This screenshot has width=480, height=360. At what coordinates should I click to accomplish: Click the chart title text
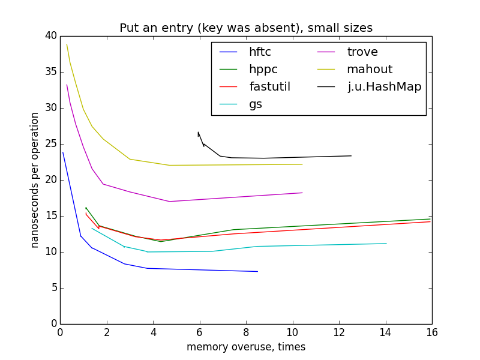tap(246, 28)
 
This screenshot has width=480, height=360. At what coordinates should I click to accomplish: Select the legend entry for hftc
tap(260, 52)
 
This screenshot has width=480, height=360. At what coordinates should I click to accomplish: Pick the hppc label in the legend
tap(263, 69)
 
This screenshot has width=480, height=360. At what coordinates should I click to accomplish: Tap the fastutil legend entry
tap(269, 86)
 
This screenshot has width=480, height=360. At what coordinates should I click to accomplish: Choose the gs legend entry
tap(256, 104)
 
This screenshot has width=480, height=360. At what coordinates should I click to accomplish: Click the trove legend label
tap(362, 52)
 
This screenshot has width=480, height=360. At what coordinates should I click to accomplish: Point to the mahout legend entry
tap(369, 69)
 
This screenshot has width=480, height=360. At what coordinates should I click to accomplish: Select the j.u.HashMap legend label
tap(385, 86)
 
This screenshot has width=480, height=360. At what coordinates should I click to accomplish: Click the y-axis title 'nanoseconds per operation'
tap(35, 180)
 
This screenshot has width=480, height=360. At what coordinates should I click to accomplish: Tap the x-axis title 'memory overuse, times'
tap(246, 347)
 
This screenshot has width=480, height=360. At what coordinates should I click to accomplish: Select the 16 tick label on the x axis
tap(432, 331)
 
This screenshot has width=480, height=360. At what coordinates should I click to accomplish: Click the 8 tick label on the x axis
tap(246, 331)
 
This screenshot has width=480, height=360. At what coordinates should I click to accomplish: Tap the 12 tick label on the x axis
tap(339, 331)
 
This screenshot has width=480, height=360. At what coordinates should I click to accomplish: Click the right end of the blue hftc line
tap(257, 271)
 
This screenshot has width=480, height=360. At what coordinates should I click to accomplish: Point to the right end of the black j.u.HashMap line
tap(351, 156)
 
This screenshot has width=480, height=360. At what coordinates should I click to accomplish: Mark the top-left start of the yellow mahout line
tap(67, 44)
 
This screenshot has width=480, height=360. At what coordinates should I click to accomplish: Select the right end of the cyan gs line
tap(386, 244)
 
